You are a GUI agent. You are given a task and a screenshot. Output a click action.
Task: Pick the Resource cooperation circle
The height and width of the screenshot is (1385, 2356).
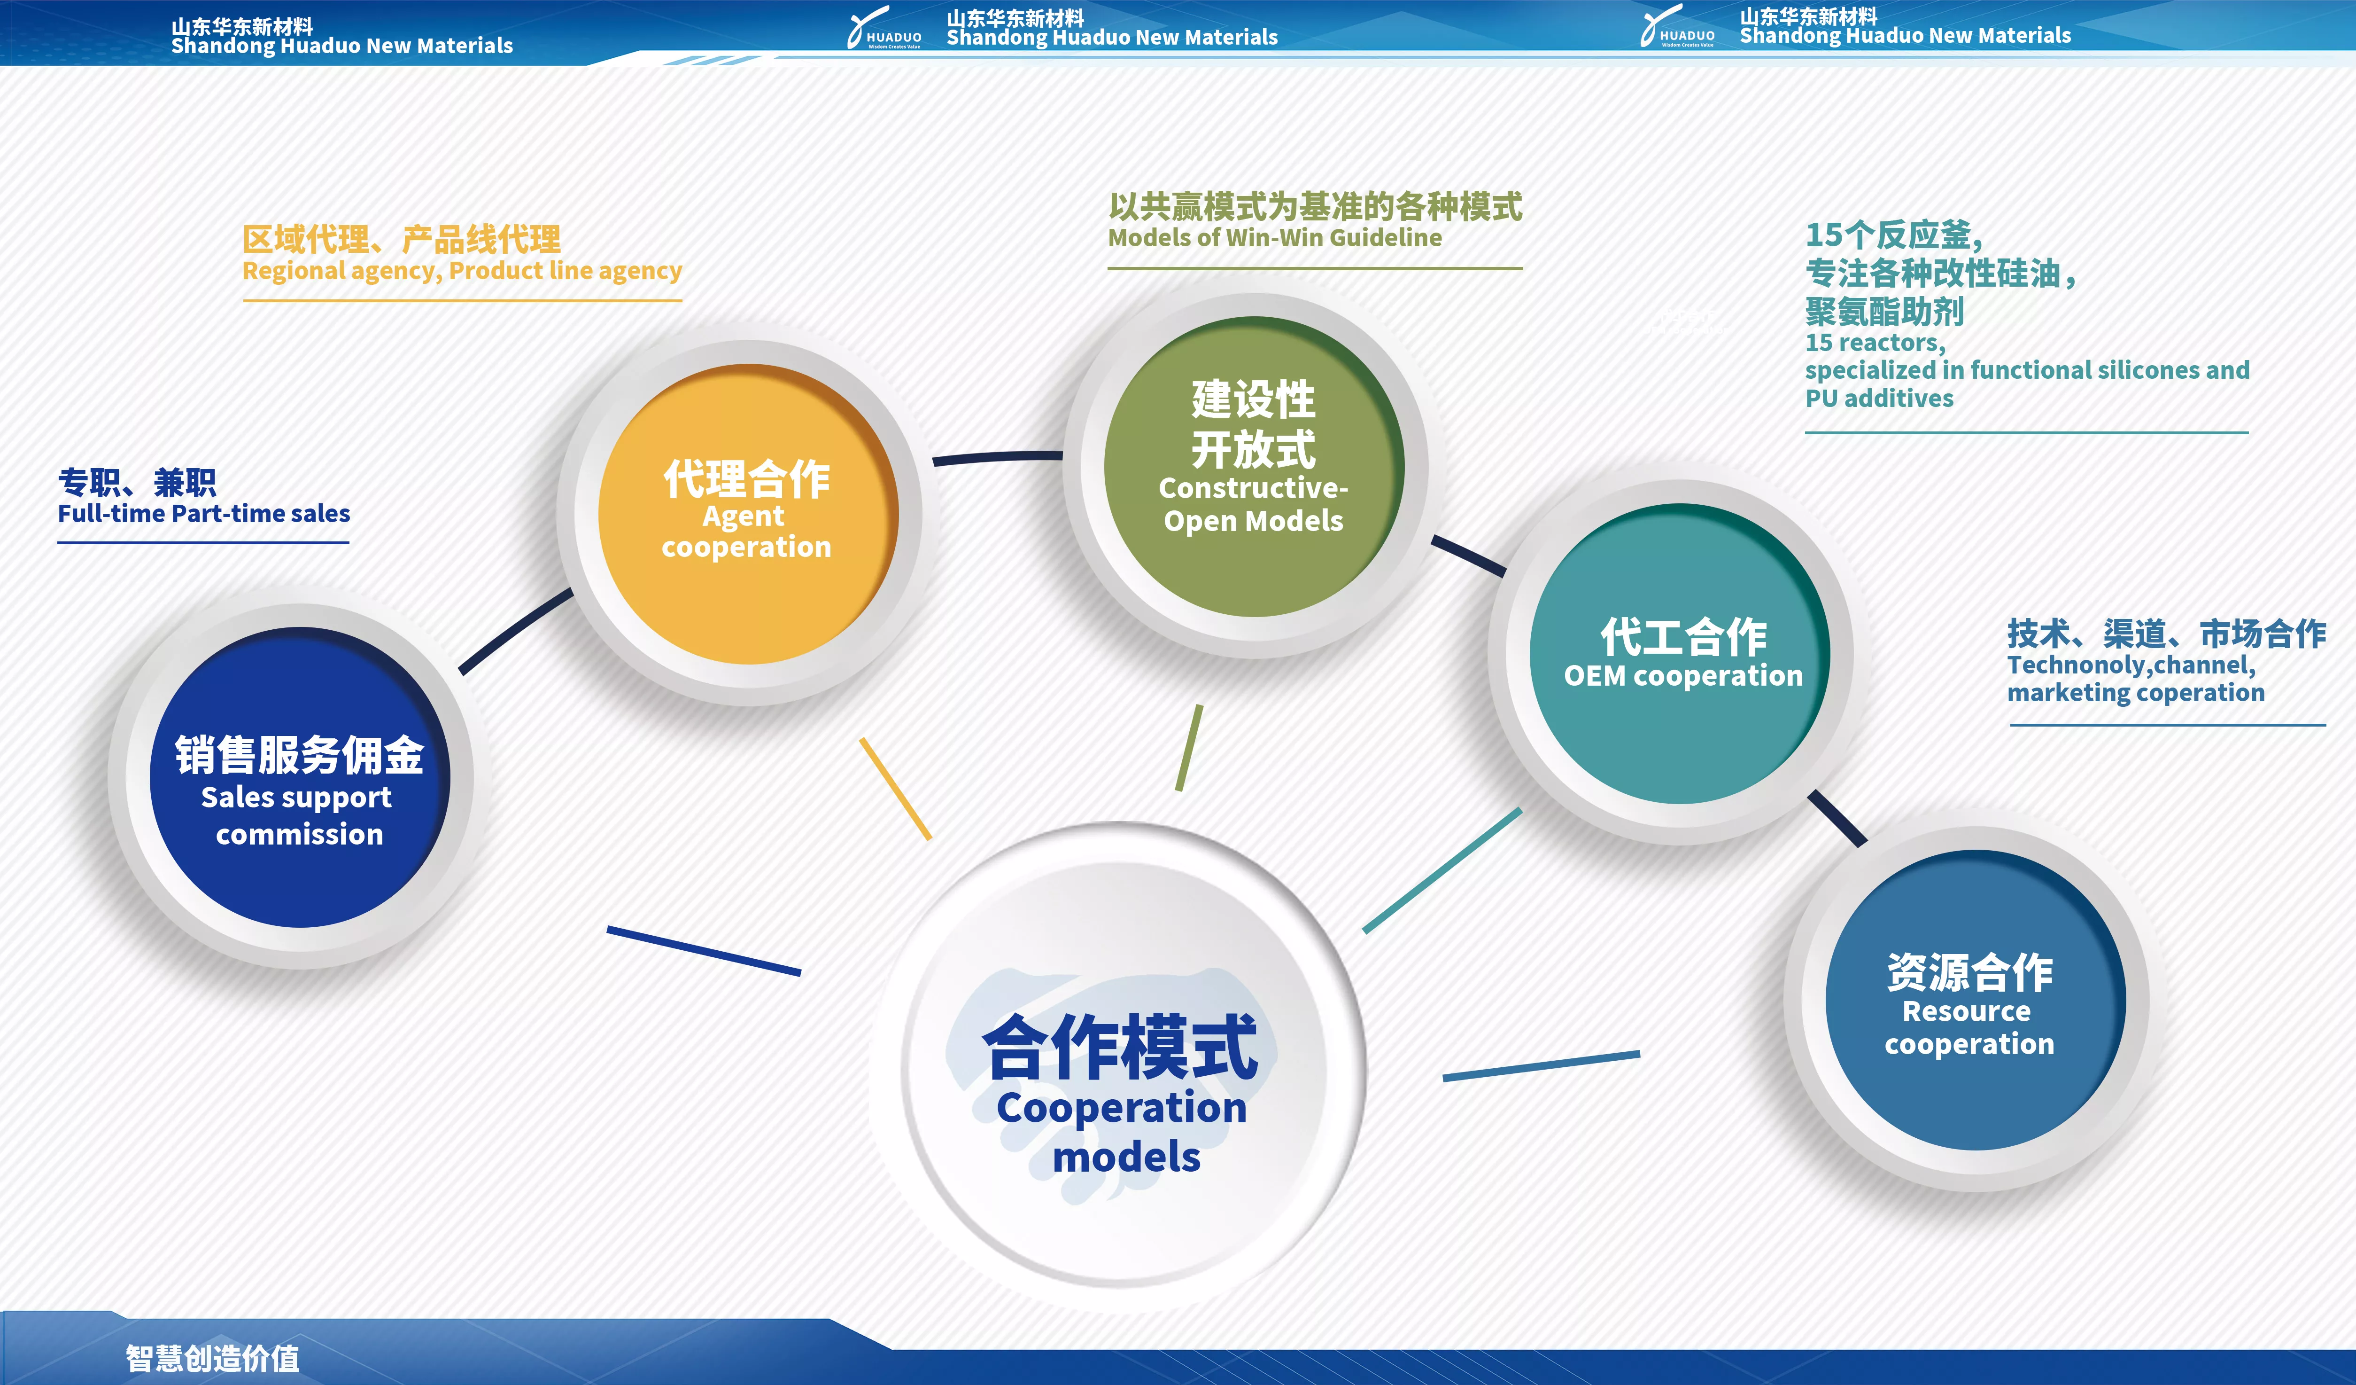pyautogui.click(x=1976, y=1000)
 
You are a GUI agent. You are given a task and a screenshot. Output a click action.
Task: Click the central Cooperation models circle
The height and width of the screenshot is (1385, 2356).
pyautogui.click(x=1119, y=1066)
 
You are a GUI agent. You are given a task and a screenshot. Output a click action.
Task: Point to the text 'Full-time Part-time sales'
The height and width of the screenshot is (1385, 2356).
pyautogui.click(x=204, y=513)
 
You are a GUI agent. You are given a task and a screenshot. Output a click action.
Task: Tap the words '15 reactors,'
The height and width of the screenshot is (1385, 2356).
pyautogui.click(x=1875, y=343)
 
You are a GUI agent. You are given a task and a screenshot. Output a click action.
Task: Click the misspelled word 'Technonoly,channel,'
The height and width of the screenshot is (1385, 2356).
pyautogui.click(x=2131, y=665)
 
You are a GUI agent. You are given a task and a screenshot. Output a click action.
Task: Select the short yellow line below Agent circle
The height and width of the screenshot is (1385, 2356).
pyautogui.click(x=896, y=788)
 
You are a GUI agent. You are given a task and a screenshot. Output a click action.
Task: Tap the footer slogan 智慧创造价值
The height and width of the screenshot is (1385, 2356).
pyautogui.click(x=213, y=1358)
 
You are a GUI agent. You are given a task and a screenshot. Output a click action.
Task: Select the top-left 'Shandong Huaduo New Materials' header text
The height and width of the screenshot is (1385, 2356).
pyautogui.click(x=342, y=46)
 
